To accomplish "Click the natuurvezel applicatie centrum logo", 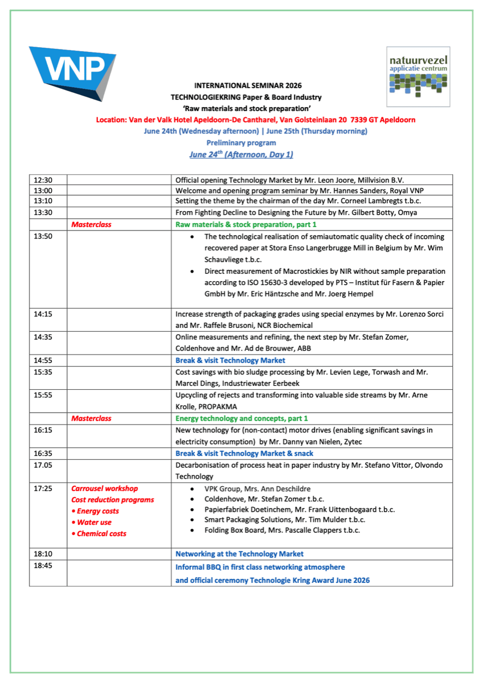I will (x=418, y=77).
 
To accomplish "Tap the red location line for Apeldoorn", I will (x=256, y=120).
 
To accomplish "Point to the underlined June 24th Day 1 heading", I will (x=241, y=154).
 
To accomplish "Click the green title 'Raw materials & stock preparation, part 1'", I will (x=246, y=224).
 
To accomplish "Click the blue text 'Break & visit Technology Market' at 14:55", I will (x=230, y=360).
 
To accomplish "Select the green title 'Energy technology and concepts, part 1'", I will (x=241, y=418).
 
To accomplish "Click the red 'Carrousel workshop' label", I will (x=104, y=488).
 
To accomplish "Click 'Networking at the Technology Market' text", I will (x=239, y=554).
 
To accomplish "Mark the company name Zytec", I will (x=353, y=442).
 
